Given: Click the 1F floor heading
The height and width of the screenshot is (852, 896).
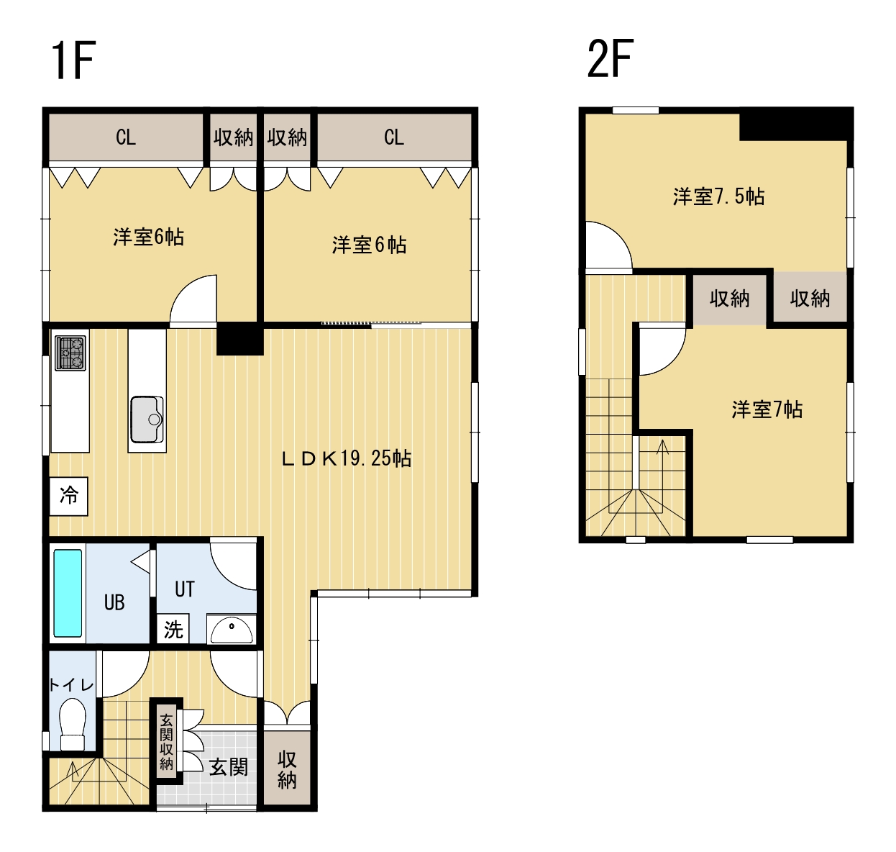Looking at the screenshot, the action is [73, 60].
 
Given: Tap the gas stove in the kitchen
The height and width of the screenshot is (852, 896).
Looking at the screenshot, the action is [70, 353].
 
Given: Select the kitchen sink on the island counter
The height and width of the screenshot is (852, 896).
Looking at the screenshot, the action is [147, 420].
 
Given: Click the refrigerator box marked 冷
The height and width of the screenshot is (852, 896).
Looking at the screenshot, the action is [68, 497].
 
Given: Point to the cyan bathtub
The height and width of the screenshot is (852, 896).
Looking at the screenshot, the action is [68, 593].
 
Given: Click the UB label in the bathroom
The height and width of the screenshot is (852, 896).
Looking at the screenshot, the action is [114, 603].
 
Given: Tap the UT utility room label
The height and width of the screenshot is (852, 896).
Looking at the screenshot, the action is [185, 589].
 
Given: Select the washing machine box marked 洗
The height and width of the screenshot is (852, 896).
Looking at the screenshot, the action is [173, 630].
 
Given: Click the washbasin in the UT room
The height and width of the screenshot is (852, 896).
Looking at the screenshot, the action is [231, 629].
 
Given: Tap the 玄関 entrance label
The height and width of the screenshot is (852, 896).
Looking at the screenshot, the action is [229, 767].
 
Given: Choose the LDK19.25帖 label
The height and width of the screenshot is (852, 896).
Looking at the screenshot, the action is [347, 458].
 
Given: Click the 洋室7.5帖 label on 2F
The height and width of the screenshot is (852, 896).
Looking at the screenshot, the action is [718, 196].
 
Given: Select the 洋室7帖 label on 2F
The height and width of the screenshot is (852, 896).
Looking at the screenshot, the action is [767, 409].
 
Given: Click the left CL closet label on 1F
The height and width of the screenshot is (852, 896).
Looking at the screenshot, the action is [126, 137].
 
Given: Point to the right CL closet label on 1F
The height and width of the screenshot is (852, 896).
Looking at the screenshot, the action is [394, 137].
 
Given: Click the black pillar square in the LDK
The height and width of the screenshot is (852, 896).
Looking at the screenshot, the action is [239, 338].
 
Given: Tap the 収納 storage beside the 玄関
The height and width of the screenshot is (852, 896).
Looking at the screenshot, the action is [287, 769].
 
